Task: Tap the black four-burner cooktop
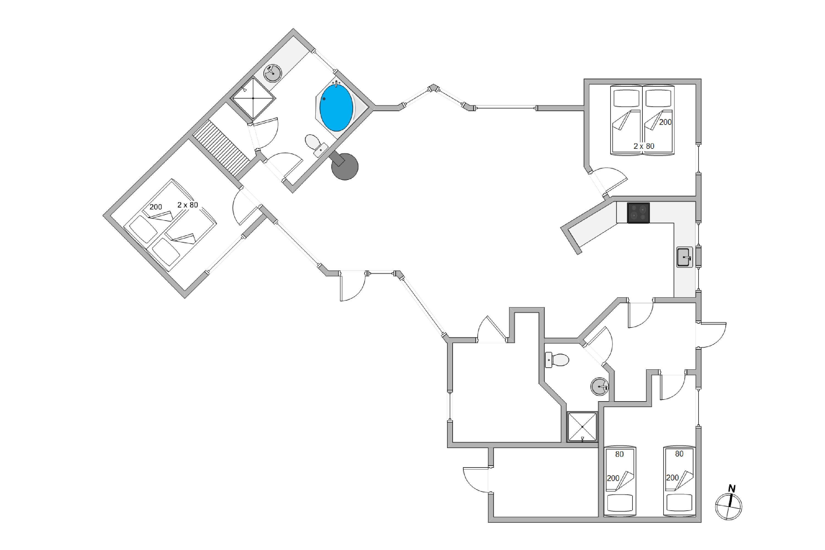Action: click(638, 213)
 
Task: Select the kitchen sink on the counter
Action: click(684, 257)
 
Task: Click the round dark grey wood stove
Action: click(345, 166)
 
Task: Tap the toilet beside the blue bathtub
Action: click(316, 145)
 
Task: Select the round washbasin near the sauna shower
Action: click(272, 73)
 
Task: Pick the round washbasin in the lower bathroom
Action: click(599, 387)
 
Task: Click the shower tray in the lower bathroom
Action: click(582, 427)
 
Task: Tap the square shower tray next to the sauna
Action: click(253, 98)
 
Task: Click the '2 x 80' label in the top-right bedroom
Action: click(644, 146)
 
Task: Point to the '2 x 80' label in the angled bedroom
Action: click(188, 205)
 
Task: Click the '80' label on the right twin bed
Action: click(679, 454)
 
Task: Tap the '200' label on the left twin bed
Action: click(613, 478)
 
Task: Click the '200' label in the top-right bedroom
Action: click(665, 122)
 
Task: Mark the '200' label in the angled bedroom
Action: click(156, 207)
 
